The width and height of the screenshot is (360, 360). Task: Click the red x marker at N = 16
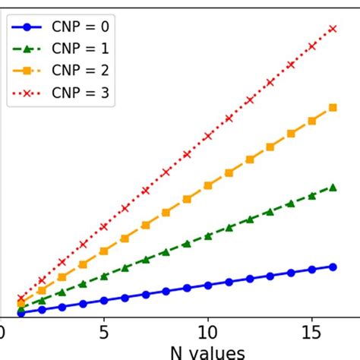point(332,28)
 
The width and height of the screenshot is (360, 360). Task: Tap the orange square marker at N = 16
point(332,108)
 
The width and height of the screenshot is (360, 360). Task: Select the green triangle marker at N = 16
point(332,187)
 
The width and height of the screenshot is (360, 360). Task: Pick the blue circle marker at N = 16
point(332,267)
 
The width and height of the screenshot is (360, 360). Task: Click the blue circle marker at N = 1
point(21,312)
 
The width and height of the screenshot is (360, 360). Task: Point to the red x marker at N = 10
point(207,137)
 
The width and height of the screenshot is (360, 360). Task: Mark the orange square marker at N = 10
point(207,185)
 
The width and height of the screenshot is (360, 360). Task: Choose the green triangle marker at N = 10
point(207,235)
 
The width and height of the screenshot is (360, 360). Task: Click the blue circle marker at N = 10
point(207,285)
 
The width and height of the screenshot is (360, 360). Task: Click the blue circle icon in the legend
point(27,27)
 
